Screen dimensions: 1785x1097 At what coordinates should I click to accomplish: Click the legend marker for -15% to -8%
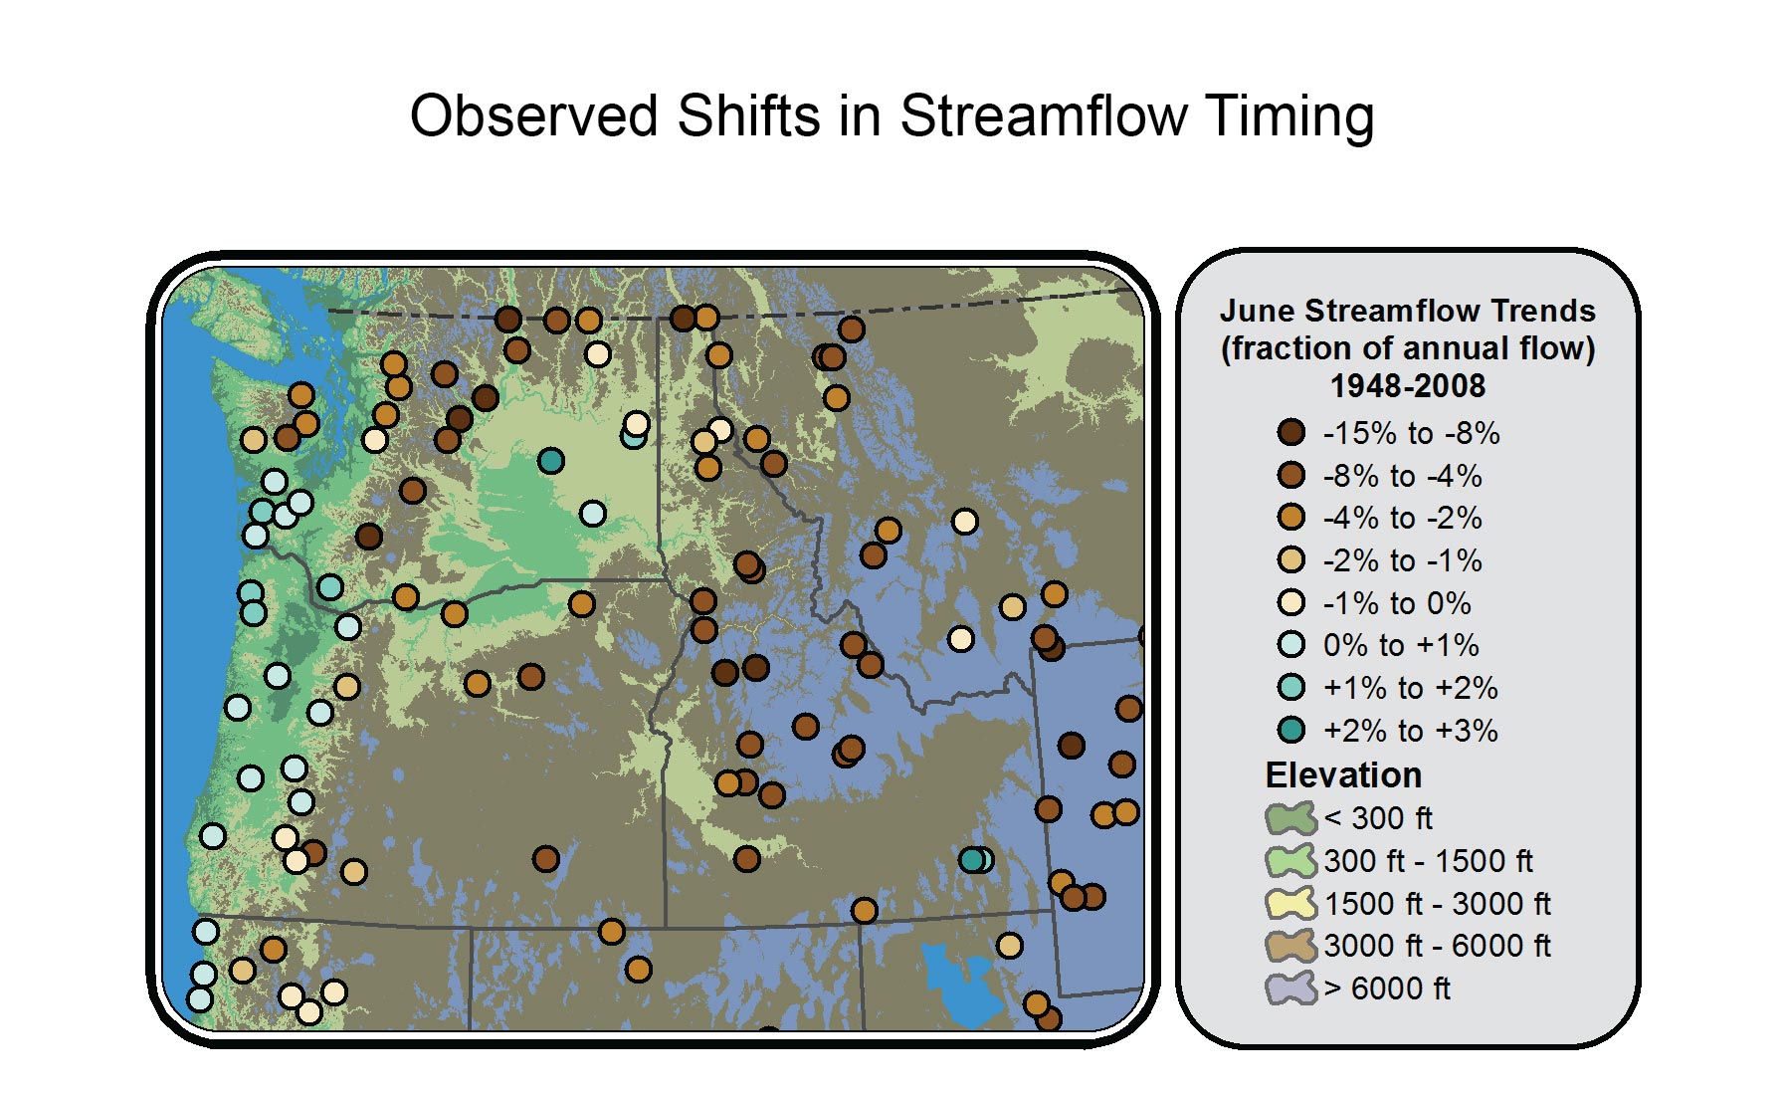pyautogui.click(x=1291, y=432)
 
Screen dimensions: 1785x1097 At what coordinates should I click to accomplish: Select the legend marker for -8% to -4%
pyautogui.click(x=1291, y=475)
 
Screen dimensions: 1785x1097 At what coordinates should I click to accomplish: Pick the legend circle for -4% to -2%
pyautogui.click(x=1291, y=517)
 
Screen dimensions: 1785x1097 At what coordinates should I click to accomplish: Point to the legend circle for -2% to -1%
pyautogui.click(x=1291, y=559)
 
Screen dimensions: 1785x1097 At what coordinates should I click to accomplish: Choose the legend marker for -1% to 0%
pyautogui.click(x=1291, y=602)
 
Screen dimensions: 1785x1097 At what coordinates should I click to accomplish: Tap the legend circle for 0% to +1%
pyautogui.click(x=1291, y=644)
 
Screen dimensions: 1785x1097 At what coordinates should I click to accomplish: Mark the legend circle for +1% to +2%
pyautogui.click(x=1291, y=687)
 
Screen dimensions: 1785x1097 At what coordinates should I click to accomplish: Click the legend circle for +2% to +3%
pyautogui.click(x=1291, y=730)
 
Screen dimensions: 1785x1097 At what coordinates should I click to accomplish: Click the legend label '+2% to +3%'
pyautogui.click(x=1410, y=731)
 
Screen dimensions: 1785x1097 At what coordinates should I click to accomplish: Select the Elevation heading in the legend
pyautogui.click(x=1343, y=774)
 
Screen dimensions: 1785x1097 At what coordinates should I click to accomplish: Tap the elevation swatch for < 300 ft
pyautogui.click(x=1291, y=818)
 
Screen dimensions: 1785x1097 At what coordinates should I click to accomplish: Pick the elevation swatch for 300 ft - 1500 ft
pyautogui.click(x=1291, y=861)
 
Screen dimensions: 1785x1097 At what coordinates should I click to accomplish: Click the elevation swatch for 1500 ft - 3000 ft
pyautogui.click(x=1291, y=904)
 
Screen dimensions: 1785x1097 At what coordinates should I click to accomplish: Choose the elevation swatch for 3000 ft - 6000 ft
pyautogui.click(x=1291, y=946)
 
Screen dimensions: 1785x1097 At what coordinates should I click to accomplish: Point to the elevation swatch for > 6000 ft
pyautogui.click(x=1291, y=988)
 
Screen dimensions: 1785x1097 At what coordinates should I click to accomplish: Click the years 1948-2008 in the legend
pyautogui.click(x=1408, y=385)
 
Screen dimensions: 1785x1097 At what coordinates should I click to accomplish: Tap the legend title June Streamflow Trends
pyautogui.click(x=1408, y=311)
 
